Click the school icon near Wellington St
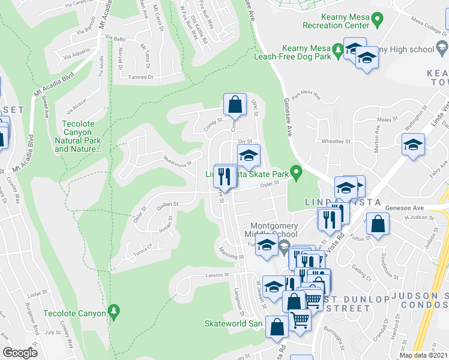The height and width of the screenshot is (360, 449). pyautogui.click(x=413, y=145)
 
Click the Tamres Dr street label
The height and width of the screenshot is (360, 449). pyautogui.click(x=143, y=77)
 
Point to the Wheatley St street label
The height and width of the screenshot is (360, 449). pyautogui.click(x=336, y=142)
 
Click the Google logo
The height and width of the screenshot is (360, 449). pyautogui.click(x=20, y=352)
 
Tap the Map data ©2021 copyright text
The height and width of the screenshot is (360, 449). pyautogui.click(x=423, y=355)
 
